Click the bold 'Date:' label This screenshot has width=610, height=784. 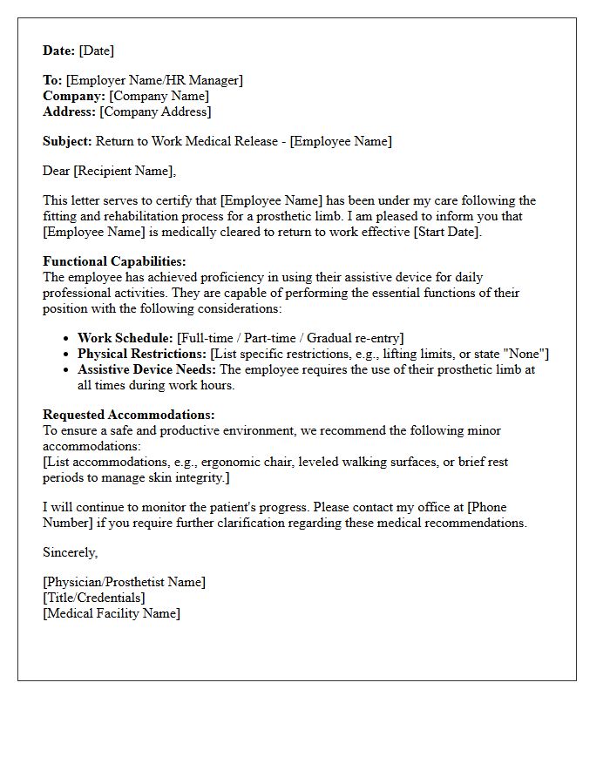click(59, 51)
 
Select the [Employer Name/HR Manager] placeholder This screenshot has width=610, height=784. click(154, 80)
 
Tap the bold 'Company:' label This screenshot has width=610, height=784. click(74, 96)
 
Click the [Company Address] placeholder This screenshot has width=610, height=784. click(155, 112)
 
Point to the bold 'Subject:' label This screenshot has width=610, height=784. click(67, 141)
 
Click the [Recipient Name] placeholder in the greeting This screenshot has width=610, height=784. click(124, 171)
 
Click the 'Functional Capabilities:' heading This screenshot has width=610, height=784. click(114, 261)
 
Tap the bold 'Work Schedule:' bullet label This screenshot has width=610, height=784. click(125, 338)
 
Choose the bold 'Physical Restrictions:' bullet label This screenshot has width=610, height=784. click(142, 354)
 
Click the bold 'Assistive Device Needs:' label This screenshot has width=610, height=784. click(146, 369)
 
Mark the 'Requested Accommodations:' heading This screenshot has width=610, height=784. click(128, 415)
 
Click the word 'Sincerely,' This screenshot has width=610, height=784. click(71, 552)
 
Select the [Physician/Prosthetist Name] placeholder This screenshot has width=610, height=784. click(124, 582)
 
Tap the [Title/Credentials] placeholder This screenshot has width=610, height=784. click(94, 598)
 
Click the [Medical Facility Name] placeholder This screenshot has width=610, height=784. click(112, 613)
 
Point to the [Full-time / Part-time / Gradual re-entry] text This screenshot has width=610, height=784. click(290, 338)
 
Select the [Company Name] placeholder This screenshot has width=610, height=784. click(159, 96)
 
